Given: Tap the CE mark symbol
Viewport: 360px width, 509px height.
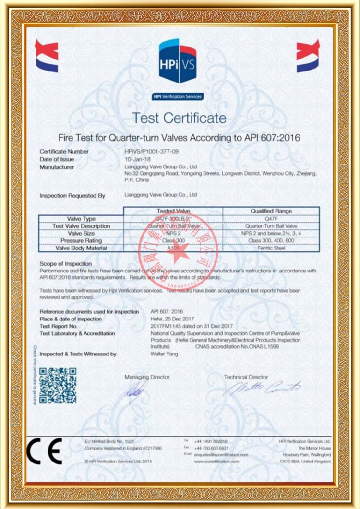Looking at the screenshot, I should [x=45, y=450].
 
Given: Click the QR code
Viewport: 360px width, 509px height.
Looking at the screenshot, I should [x=58, y=385].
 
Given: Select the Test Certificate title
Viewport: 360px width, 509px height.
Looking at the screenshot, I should [x=179, y=118].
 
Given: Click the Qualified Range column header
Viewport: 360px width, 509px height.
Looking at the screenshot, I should [x=271, y=211].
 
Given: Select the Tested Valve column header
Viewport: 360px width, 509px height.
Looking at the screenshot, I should [x=173, y=211].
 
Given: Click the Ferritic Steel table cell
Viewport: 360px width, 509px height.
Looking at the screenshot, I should [x=271, y=248].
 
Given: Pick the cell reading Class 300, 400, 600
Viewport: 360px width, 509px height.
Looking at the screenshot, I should [x=271, y=240].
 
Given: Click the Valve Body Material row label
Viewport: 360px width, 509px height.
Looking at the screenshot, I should [x=81, y=248].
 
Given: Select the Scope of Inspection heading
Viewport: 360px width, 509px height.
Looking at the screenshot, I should [x=66, y=264].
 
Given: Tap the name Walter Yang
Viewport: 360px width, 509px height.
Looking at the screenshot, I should [x=165, y=354].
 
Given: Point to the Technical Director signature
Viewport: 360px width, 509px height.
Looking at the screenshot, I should [x=262, y=388].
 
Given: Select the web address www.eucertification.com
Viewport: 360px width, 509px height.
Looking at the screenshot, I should [x=221, y=462].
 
